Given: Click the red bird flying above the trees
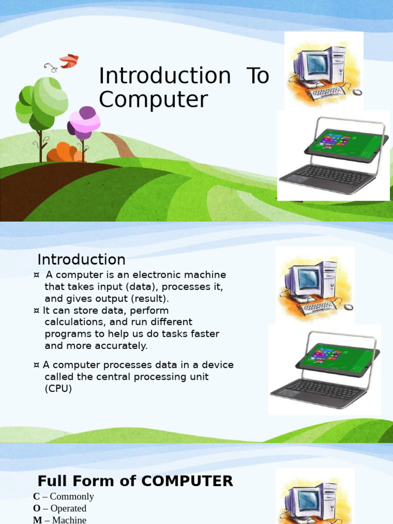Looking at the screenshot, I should coord(69,61).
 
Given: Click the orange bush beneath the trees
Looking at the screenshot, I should coord(64,154).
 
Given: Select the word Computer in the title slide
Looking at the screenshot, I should coord(153,100).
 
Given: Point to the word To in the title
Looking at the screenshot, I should coord(257,76).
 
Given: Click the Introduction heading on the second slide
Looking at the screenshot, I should coord(81,259).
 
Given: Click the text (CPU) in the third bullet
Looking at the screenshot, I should coord(58,388).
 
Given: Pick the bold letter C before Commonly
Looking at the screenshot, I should coord(36,496).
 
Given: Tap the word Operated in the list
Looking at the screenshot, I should coord(68,509).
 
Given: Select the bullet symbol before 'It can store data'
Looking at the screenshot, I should coord(37,311).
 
